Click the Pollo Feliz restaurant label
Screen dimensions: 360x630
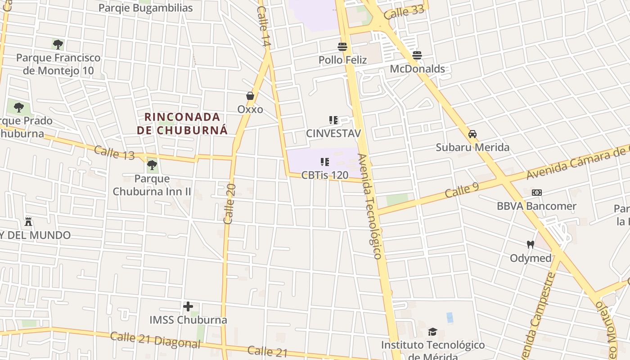coord(342,60)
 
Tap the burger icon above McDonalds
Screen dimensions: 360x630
coord(417,55)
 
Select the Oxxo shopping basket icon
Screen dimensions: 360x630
coord(250,96)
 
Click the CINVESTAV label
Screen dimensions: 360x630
coord(333,133)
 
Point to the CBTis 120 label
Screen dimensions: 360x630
coord(325,175)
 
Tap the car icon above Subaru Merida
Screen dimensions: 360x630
coord(472,134)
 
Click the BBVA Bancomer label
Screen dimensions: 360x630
coord(536,206)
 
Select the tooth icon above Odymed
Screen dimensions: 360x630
coord(531,245)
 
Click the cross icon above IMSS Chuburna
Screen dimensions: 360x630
coord(188,307)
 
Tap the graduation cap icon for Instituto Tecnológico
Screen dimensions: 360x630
coord(432,332)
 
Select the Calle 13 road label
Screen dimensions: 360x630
coord(114,153)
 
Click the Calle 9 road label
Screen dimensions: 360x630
coord(462,189)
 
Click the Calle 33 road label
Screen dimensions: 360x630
coord(404,12)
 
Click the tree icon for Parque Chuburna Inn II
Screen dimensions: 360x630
coord(152,165)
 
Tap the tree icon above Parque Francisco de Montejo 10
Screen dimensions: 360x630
coord(58,44)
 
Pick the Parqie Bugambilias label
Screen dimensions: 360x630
coord(145,8)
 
